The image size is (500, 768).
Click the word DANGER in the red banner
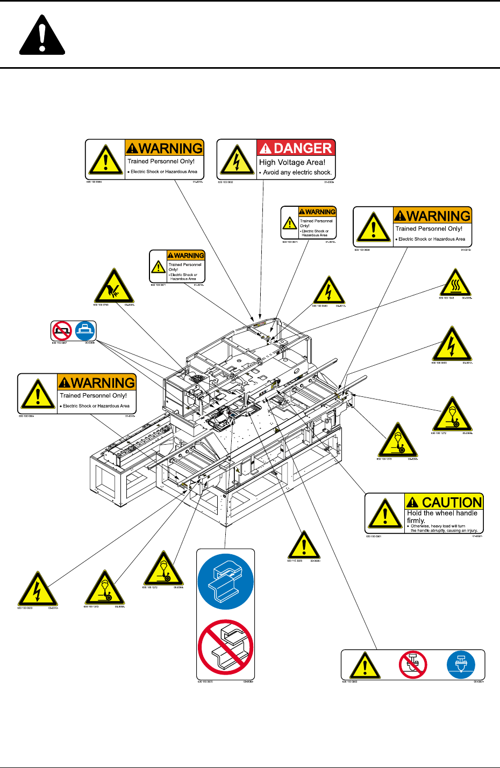click(x=303, y=148)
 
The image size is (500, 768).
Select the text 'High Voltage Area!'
click(x=292, y=162)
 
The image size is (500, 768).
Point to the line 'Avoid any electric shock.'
click(x=297, y=172)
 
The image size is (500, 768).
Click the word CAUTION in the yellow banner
click(x=452, y=502)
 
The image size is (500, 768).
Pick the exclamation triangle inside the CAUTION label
click(x=385, y=514)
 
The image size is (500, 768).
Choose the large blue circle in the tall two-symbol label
click(x=225, y=582)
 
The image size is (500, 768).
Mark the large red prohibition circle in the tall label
click(x=225, y=647)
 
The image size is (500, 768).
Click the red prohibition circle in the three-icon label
click(x=413, y=665)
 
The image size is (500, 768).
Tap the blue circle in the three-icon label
click(x=461, y=665)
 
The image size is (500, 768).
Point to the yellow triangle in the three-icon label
click(x=365, y=666)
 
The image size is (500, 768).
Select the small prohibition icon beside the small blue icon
click(x=62, y=330)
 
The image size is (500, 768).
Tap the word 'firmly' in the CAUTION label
click(x=416, y=520)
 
